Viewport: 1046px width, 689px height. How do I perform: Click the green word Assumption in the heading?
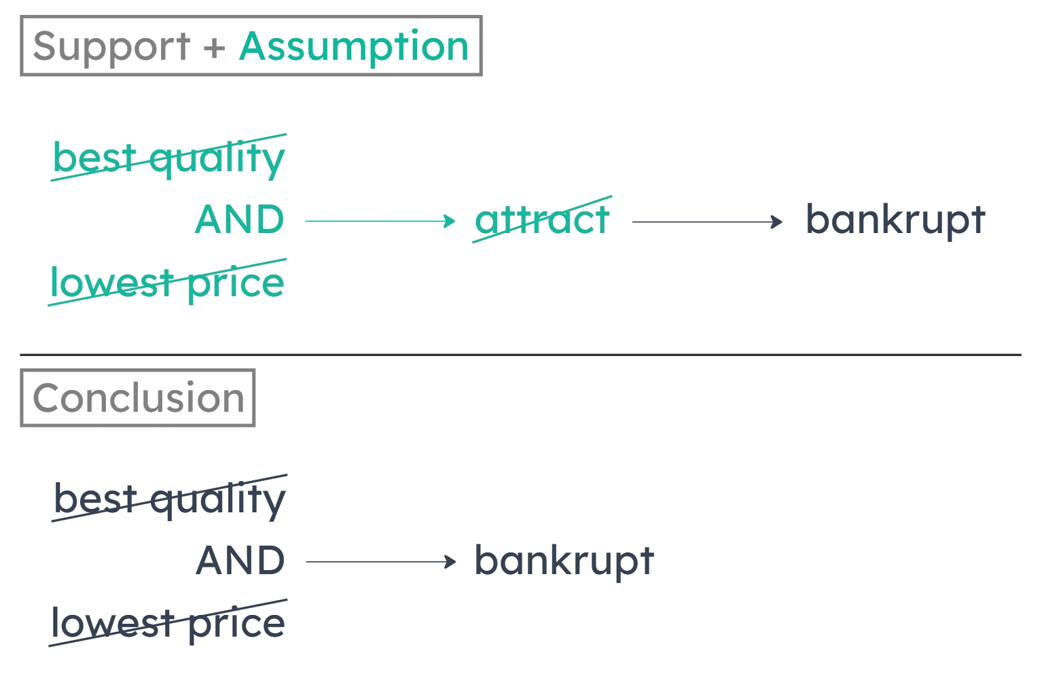click(354, 46)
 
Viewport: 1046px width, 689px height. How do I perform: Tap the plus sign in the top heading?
click(214, 46)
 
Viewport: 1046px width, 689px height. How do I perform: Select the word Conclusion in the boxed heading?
click(139, 397)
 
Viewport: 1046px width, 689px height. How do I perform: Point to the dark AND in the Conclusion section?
click(240, 561)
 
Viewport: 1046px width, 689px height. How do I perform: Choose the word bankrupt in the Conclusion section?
click(564, 561)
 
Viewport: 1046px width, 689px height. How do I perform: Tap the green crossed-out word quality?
click(217, 160)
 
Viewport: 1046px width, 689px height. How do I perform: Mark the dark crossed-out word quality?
click(218, 501)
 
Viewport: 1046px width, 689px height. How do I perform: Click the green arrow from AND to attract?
click(380, 221)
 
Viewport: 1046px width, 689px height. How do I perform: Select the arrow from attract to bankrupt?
click(707, 221)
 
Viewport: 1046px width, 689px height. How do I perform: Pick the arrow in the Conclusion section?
click(380, 562)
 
